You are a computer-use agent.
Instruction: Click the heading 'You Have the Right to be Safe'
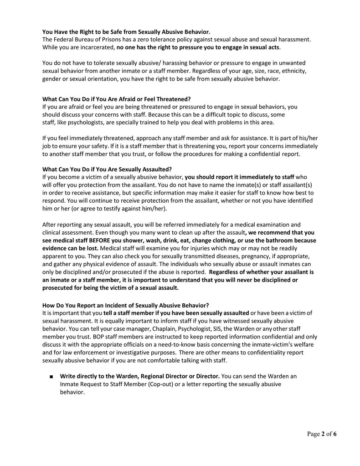click(x=126, y=32)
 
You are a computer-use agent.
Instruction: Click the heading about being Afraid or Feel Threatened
click(x=116, y=99)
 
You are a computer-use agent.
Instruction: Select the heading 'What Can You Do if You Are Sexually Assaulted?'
click(x=107, y=169)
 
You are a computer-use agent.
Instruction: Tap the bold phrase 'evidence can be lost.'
click(x=70, y=247)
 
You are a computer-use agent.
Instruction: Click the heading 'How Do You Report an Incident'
click(x=126, y=305)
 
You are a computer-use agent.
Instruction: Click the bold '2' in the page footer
click(x=323, y=434)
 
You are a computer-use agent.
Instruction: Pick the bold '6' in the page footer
click(x=335, y=434)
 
